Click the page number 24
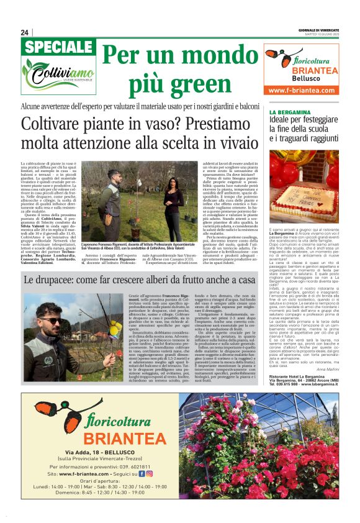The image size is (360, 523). [x=24, y=32]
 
